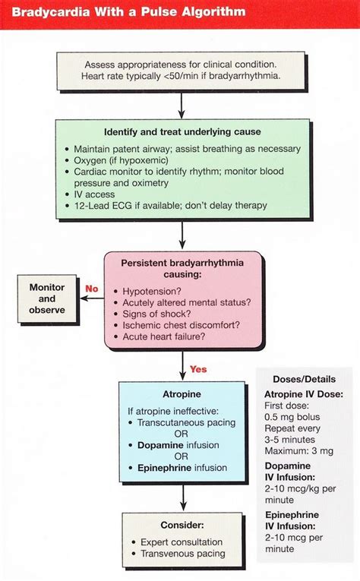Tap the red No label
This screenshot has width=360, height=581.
pyautogui.click(x=91, y=289)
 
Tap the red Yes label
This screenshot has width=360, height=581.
pyautogui.click(x=197, y=369)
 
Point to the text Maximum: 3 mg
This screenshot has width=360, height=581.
pyautogui.click(x=302, y=453)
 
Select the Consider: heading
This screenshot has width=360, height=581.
pyautogui.click(x=182, y=525)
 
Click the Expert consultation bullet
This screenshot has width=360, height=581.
pyautogui.click(x=182, y=542)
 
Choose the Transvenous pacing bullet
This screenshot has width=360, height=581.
pyautogui.click(x=182, y=554)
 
